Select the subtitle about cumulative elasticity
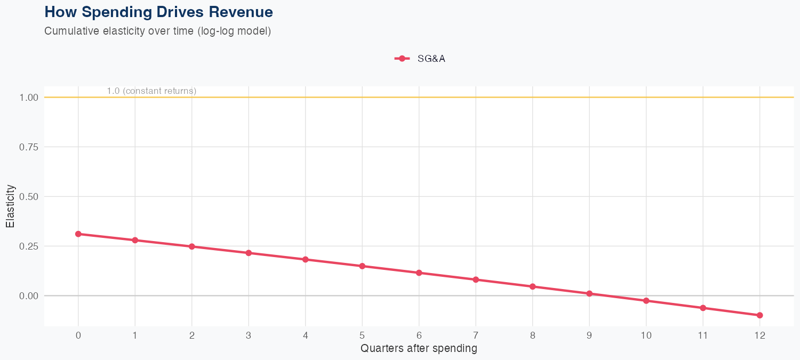(158, 31)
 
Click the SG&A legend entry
(420, 59)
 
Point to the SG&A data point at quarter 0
(78, 234)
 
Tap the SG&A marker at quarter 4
(306, 260)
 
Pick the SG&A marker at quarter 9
(589, 293)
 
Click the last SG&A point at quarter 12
(759, 315)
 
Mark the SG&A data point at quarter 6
(419, 273)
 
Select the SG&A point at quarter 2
(192, 246)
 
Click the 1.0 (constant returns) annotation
(151, 91)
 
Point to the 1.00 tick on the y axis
(29, 98)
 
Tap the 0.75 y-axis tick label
(29, 147)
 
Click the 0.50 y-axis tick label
(29, 197)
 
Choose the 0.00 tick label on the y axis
(29, 296)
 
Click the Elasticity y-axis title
(11, 206)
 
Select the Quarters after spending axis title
(419, 349)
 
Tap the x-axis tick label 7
(476, 335)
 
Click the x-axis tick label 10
(646, 335)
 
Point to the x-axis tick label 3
(249, 335)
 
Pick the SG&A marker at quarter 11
(703, 308)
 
